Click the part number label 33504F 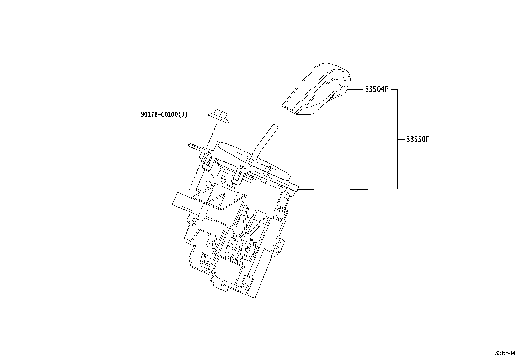(377, 89)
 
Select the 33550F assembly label (418, 139)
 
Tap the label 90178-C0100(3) (164, 115)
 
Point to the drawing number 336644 (505, 353)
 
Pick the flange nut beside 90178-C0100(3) (219, 116)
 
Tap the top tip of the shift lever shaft (275, 126)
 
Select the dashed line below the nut (203, 157)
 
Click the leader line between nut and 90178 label (198, 115)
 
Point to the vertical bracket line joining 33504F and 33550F (397, 139)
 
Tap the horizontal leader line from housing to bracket (347, 189)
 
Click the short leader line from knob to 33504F (355, 89)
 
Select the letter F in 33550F (427, 139)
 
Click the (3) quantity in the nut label (183, 115)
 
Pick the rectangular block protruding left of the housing (184, 202)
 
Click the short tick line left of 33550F (401, 139)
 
